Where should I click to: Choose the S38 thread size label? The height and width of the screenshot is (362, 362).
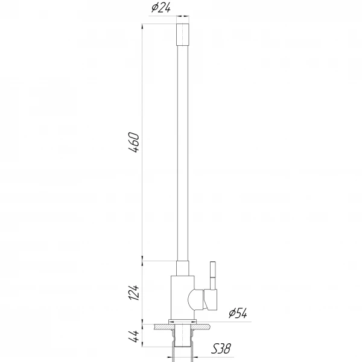221,349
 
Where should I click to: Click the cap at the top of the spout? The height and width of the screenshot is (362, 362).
183,33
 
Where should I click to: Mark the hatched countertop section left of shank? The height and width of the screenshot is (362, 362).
161,326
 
